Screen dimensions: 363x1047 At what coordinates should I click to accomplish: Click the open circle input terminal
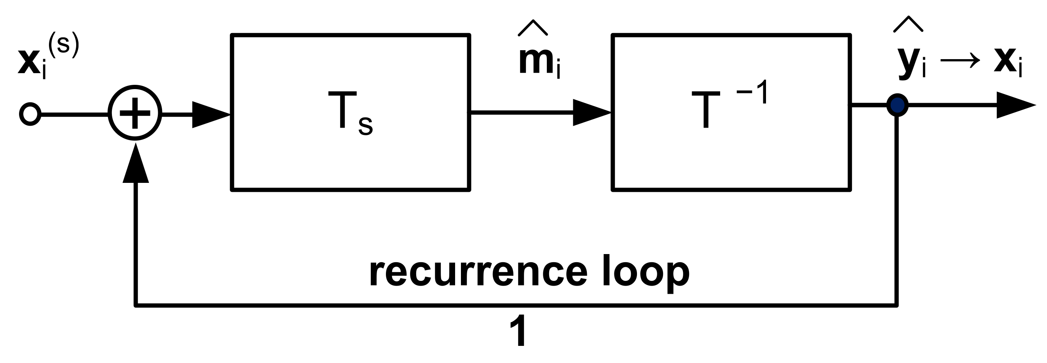(x=30, y=114)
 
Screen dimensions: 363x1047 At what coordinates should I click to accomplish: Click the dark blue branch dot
(x=897, y=105)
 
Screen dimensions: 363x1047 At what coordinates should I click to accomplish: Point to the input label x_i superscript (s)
(x=48, y=57)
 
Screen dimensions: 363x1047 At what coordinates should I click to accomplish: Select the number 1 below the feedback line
(x=519, y=331)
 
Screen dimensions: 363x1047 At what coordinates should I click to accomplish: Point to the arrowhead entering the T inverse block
(x=592, y=112)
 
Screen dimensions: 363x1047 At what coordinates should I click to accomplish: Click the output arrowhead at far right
(x=1014, y=105)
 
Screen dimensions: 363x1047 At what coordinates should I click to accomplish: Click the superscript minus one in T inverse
(x=752, y=92)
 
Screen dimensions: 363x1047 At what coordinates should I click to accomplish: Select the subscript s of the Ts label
(x=365, y=126)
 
